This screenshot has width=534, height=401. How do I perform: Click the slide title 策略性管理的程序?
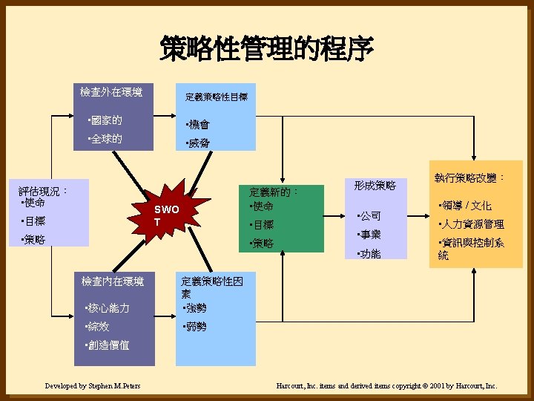point(266,50)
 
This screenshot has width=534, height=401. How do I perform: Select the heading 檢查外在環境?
point(111,93)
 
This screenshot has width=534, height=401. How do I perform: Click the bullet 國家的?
point(105,120)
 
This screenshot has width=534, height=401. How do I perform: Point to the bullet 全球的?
point(105,140)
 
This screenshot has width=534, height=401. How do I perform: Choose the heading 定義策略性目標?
point(216,97)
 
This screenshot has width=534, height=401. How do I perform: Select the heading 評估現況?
point(44,190)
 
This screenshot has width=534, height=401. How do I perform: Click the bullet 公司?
point(369,216)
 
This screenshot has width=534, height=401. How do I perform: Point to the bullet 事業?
point(369,235)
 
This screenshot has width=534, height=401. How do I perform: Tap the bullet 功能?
point(369,254)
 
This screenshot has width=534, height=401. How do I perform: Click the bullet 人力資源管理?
point(472,224)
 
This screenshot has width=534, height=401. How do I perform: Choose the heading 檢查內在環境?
point(113,281)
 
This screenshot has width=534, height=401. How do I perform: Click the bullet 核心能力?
point(108,308)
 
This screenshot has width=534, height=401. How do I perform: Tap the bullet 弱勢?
point(194,327)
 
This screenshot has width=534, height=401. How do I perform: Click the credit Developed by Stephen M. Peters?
point(93,386)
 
